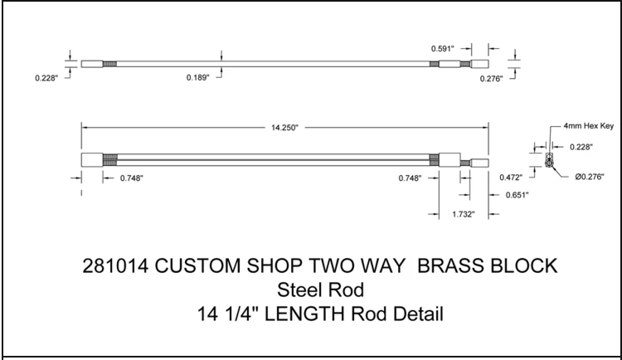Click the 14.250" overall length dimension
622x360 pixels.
point(284,128)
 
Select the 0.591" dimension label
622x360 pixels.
point(442,49)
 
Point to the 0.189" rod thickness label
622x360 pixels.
point(197,77)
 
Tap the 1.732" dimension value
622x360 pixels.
point(464,214)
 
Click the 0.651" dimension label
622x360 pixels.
point(518,195)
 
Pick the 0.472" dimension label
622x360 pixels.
point(511,178)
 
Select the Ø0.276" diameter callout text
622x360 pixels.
point(590,177)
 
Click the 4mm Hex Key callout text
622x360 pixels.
point(589,126)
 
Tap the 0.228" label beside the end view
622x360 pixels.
point(581,147)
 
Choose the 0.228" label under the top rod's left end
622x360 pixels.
point(46,78)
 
